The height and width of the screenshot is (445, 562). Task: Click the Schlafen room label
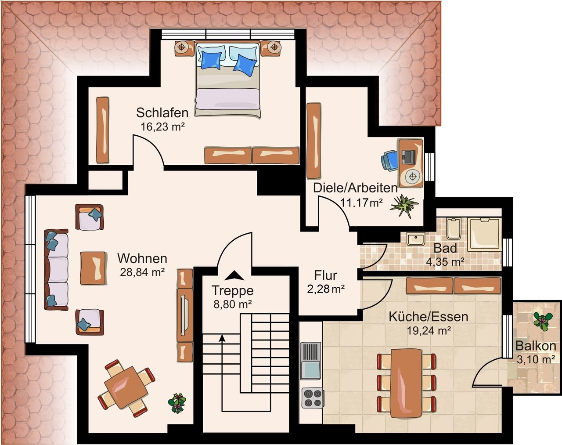[x=162, y=112]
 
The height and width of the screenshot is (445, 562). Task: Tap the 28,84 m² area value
[x=142, y=272]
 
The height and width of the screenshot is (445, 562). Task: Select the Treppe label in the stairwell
[x=232, y=290]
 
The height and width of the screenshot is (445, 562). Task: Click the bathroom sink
[x=416, y=239]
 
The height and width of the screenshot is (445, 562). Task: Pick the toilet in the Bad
[x=454, y=228]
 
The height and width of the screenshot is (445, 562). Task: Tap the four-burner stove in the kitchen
[x=313, y=398]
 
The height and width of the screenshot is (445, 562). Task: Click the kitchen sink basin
[x=310, y=370]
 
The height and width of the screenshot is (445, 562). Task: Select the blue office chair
[x=389, y=160]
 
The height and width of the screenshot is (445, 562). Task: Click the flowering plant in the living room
[x=177, y=403]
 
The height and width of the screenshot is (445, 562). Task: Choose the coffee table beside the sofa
[x=93, y=268]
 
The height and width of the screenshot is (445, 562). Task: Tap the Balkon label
[x=536, y=346]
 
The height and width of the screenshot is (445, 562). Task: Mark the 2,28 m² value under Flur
[x=326, y=289]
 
